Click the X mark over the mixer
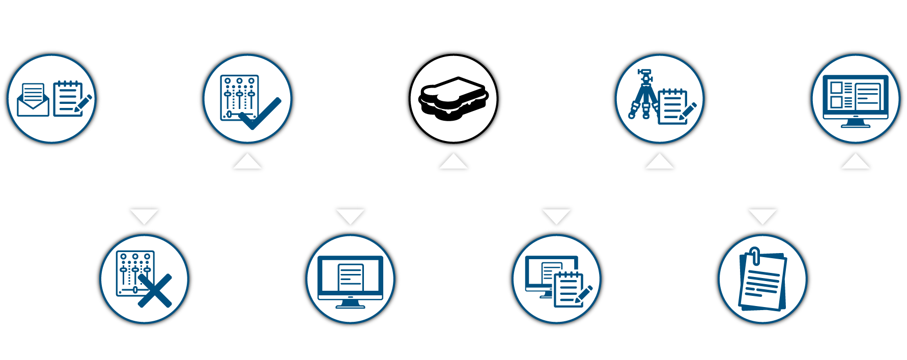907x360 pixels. click(155, 291)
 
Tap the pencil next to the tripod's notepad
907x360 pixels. click(688, 110)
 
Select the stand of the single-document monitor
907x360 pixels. click(350, 304)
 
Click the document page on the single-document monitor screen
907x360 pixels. click(351, 278)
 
